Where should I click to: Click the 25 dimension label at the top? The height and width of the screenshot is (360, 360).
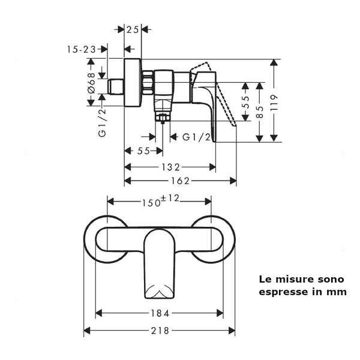coord(133,29)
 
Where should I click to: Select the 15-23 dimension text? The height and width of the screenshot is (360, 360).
coord(82,51)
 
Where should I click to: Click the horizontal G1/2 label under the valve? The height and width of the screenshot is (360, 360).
coord(196,137)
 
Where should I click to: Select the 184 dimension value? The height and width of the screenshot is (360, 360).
coord(160,313)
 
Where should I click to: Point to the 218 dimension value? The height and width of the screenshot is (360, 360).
coord(160,331)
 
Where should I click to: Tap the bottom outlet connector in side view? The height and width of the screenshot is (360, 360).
coord(161,114)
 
